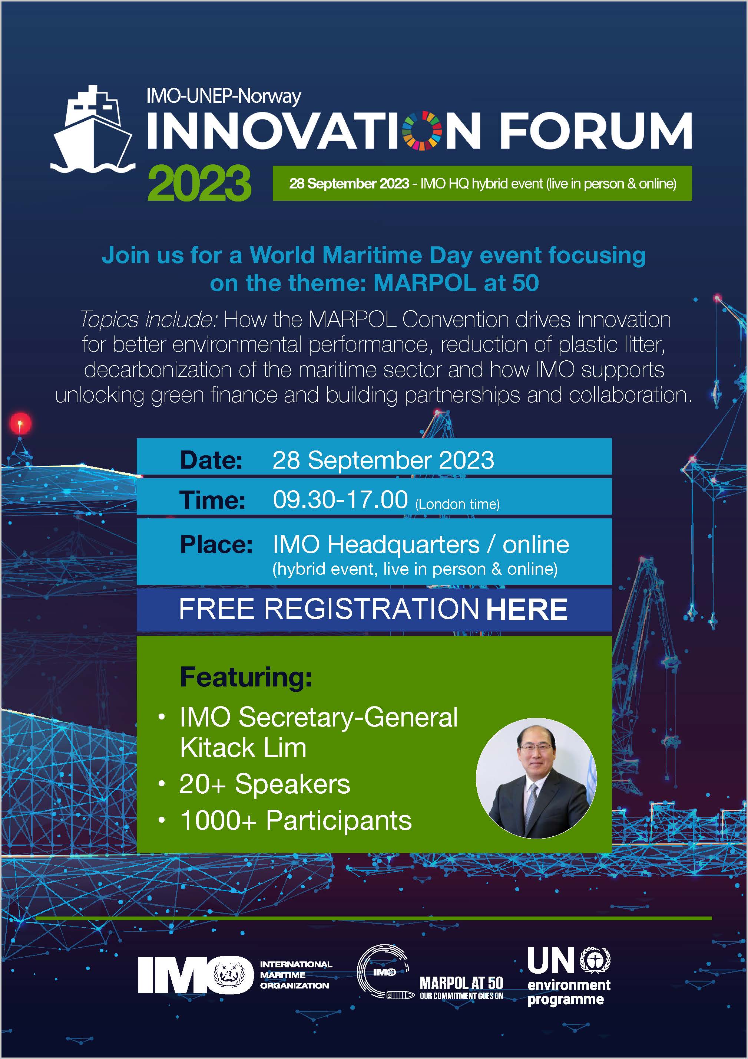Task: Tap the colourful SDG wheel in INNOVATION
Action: (422, 131)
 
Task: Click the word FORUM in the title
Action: (595, 131)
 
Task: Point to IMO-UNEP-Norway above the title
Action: (224, 96)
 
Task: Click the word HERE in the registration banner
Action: (526, 609)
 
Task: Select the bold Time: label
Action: (212, 500)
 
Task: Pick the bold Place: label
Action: (216, 545)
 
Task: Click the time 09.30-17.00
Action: (340, 499)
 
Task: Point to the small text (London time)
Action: (457, 504)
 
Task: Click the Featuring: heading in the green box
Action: (246, 678)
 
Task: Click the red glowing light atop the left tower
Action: (20, 423)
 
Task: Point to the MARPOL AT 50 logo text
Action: (461, 983)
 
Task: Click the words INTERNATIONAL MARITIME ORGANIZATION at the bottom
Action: (295, 975)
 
